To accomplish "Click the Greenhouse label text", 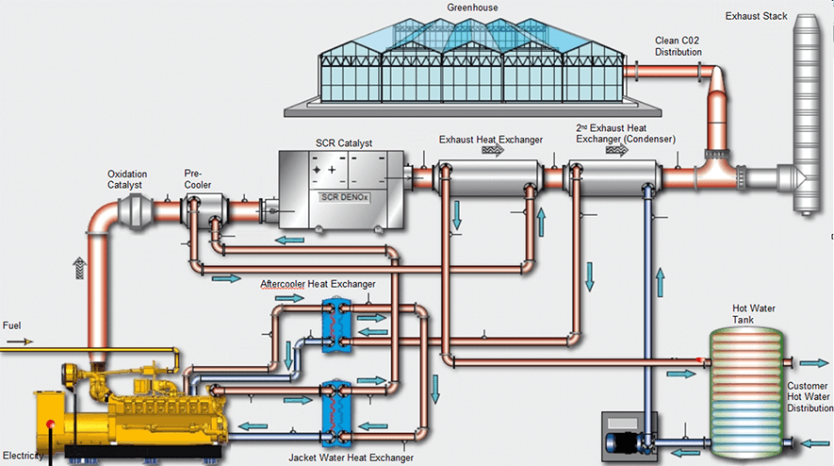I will [473, 8].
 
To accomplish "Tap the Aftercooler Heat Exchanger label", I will [318, 283].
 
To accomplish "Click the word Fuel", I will [12, 326].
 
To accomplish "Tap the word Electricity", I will [24, 457].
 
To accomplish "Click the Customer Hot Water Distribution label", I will [808, 397].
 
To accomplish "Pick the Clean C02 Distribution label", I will [679, 45].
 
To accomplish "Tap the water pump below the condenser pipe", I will [626, 439].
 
